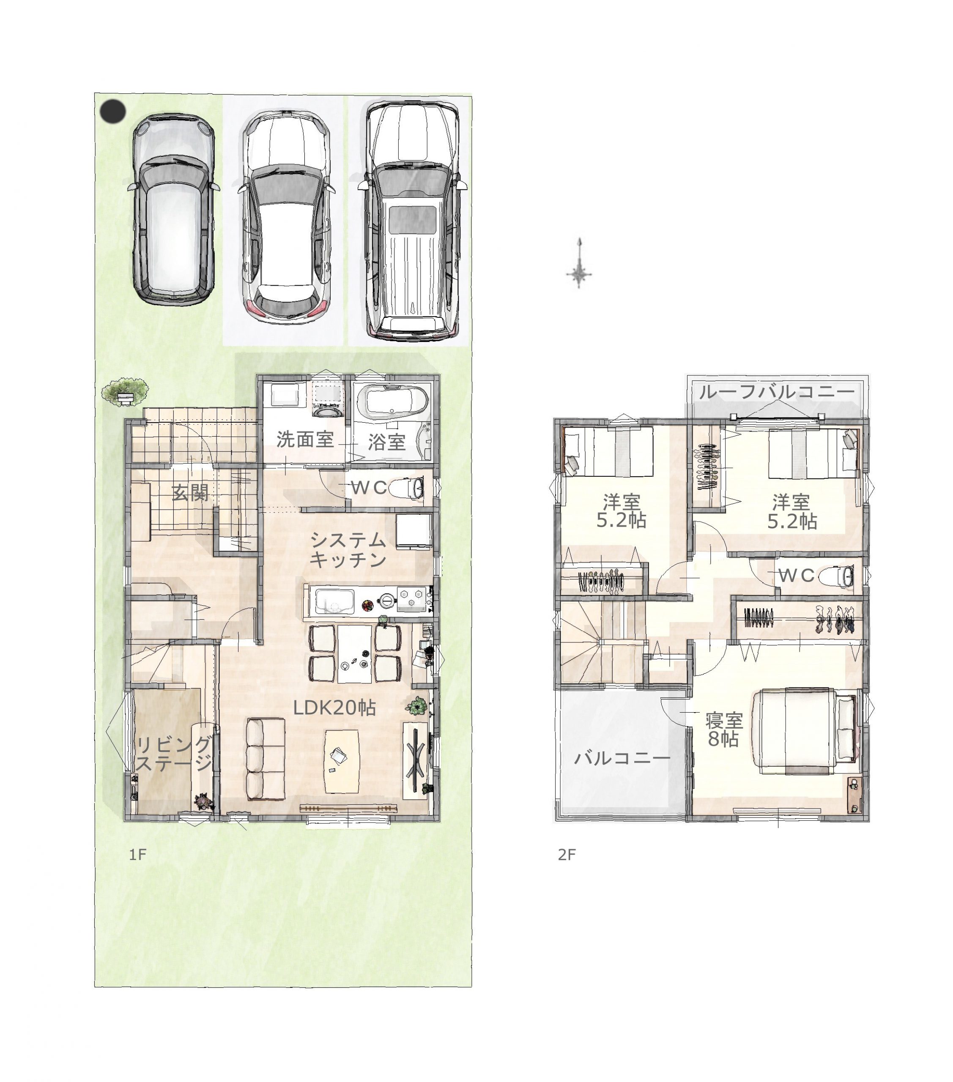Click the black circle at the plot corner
(113, 112)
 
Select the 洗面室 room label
(305, 440)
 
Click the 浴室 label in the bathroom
(387, 442)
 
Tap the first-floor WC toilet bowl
(408, 488)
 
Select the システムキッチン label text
(348, 550)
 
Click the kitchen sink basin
(334, 602)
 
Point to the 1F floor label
(138, 854)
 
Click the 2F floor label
(567, 854)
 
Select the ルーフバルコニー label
(777, 392)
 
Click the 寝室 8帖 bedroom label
(724, 730)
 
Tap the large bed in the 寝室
(804, 731)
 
